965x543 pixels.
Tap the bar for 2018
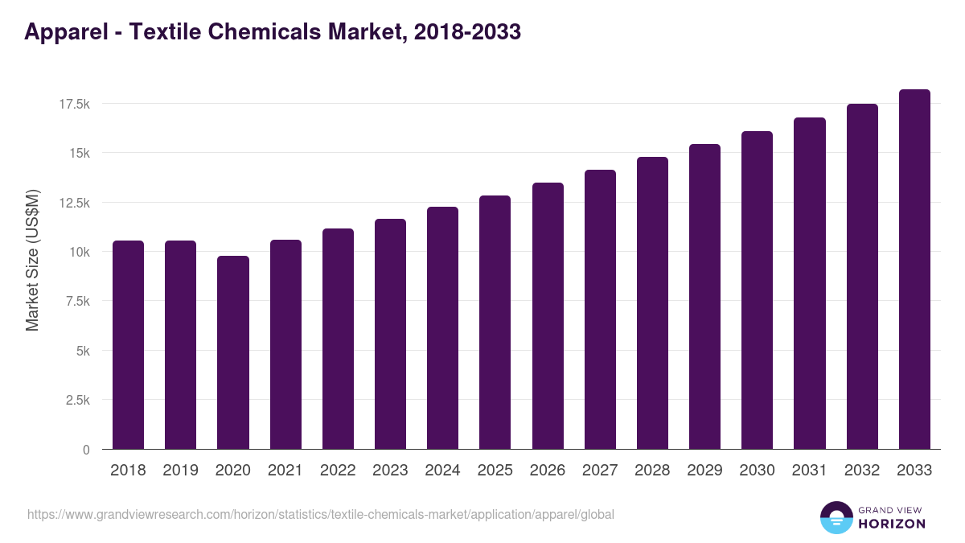pyautogui.click(x=128, y=345)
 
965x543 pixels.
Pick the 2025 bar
pyautogui.click(x=495, y=323)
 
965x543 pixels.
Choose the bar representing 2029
pyautogui.click(x=704, y=297)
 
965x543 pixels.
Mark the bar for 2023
pyautogui.click(x=390, y=334)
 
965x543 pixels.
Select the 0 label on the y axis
pyautogui.click(x=86, y=450)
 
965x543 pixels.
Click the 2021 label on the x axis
pyautogui.click(x=285, y=471)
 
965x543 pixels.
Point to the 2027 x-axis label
pyautogui.click(x=600, y=471)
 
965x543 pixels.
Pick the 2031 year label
pyautogui.click(x=810, y=471)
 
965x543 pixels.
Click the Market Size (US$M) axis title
pyautogui.click(x=32, y=259)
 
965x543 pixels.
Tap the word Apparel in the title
pyautogui.click(x=64, y=32)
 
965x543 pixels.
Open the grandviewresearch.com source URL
pyautogui.click(x=321, y=514)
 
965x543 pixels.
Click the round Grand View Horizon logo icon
pyautogui.click(x=836, y=517)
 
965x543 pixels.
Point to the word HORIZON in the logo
pyautogui.click(x=891, y=524)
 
